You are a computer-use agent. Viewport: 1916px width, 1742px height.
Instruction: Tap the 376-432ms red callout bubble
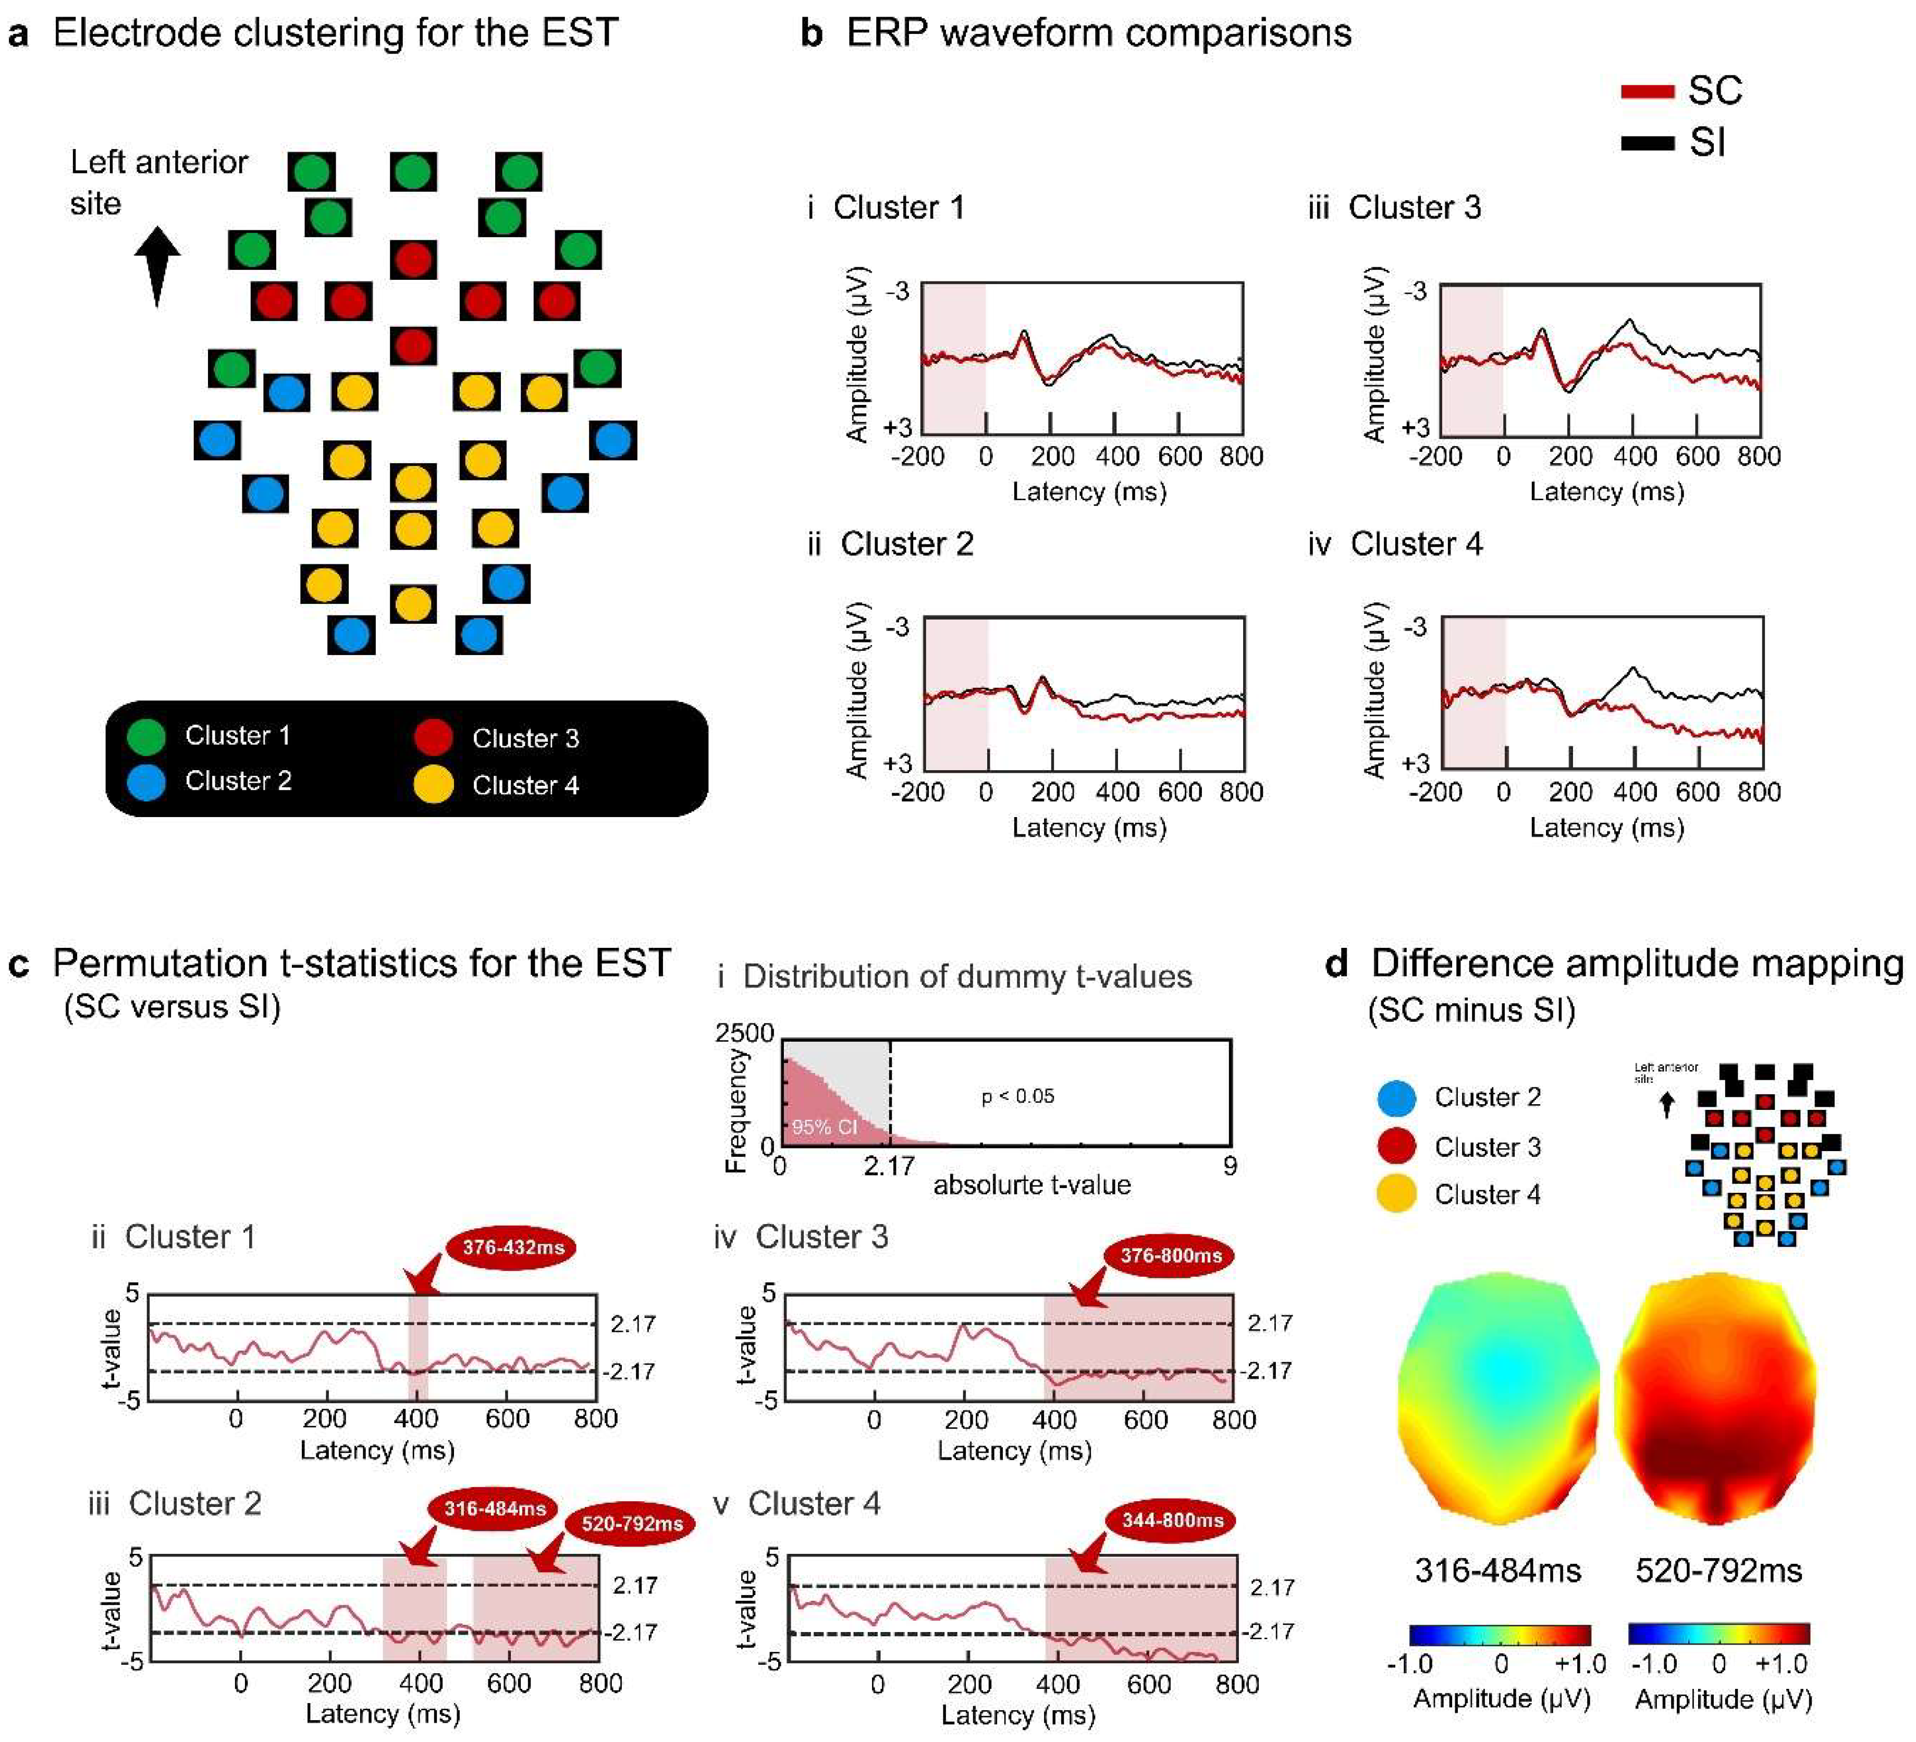pyautogui.click(x=512, y=1247)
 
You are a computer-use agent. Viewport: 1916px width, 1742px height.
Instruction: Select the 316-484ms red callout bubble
pyautogui.click(x=494, y=1508)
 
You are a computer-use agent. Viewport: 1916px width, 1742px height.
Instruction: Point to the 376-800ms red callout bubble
pyautogui.click(x=1170, y=1255)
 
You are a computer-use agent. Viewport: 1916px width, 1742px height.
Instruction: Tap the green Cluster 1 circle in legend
pyautogui.click(x=146, y=736)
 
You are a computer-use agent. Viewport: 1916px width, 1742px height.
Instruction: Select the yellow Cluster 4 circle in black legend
pyautogui.click(x=433, y=785)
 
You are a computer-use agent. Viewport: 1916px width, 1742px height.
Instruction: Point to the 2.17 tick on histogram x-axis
pyautogui.click(x=889, y=1165)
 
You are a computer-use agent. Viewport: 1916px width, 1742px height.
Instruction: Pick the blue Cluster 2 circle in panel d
pyautogui.click(x=1396, y=1097)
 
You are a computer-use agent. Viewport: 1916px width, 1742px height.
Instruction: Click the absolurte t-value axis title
pyautogui.click(x=1031, y=1185)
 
